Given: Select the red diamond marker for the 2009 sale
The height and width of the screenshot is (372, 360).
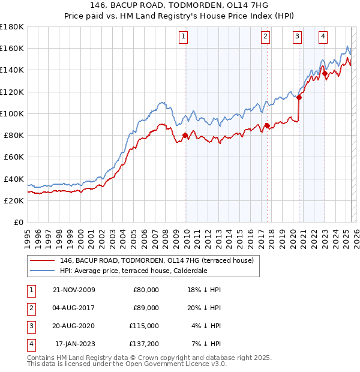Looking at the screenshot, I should [185, 136].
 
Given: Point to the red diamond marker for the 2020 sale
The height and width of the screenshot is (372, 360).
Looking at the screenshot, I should [299, 97].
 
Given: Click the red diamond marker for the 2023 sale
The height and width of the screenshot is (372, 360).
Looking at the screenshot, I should [325, 74].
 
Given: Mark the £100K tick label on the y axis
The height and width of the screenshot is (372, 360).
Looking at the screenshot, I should [12, 113].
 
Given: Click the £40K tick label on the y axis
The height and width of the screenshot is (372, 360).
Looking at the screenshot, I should [13, 179].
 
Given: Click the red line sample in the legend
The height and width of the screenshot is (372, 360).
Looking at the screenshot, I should [42, 261].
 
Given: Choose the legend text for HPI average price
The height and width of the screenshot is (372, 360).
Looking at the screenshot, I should [133, 271].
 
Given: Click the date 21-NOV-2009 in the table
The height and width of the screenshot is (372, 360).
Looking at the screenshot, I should [74, 290].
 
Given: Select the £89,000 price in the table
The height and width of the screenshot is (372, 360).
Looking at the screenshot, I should [146, 308].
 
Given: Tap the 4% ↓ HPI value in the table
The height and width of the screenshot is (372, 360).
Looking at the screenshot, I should [206, 326].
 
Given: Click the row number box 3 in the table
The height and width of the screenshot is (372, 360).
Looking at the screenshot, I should [30, 326].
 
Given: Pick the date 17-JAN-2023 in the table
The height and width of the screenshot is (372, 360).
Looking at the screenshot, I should [76, 344].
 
